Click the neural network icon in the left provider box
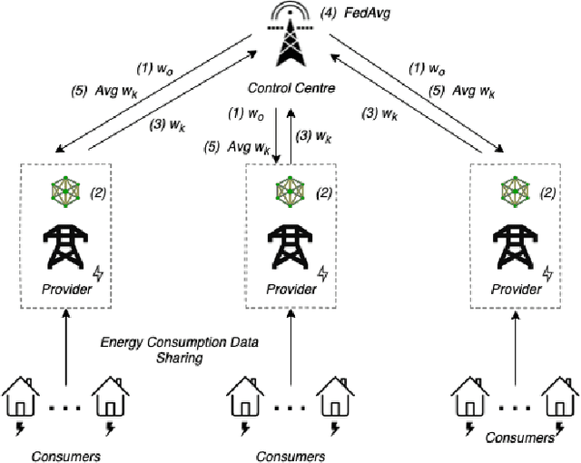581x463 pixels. [65, 192]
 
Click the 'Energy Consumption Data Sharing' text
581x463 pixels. [179, 350]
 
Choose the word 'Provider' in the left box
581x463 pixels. [66, 289]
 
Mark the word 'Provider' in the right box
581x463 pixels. [515, 289]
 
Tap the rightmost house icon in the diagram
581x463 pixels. [558, 396]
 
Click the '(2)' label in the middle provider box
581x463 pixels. [325, 192]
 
